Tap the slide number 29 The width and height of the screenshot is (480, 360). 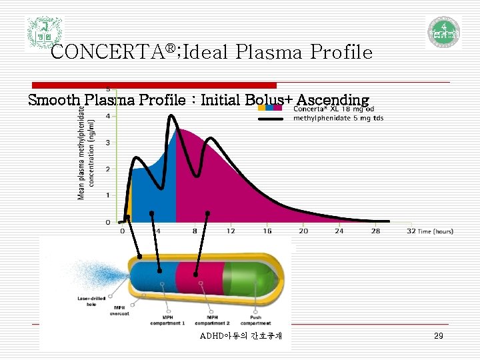[x=438, y=336]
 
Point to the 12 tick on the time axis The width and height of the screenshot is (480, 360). [x=230, y=231]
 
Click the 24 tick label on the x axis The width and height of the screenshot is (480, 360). [x=339, y=231]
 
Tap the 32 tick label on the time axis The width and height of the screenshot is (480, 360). [x=411, y=231]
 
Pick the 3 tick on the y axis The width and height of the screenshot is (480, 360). [x=109, y=143]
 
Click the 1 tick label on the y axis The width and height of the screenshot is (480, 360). [x=109, y=195]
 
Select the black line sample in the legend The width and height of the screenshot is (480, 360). [x=274, y=119]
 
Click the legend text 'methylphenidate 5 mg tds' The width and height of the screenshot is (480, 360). [x=338, y=119]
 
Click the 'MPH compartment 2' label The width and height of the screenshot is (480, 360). [x=213, y=319]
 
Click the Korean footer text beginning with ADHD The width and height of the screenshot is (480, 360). [x=241, y=336]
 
